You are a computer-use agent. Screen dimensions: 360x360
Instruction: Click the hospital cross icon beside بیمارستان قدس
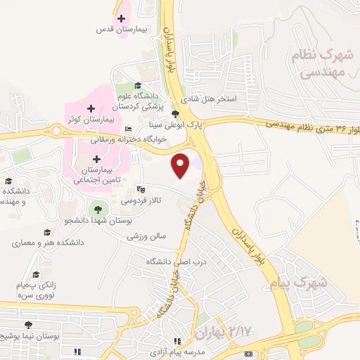121,18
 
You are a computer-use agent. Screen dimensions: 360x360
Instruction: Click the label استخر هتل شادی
208,99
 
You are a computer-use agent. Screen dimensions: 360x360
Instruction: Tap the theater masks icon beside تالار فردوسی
141,189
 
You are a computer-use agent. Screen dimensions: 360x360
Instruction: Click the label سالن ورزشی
146,237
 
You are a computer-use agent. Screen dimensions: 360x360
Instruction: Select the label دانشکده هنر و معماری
48,243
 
